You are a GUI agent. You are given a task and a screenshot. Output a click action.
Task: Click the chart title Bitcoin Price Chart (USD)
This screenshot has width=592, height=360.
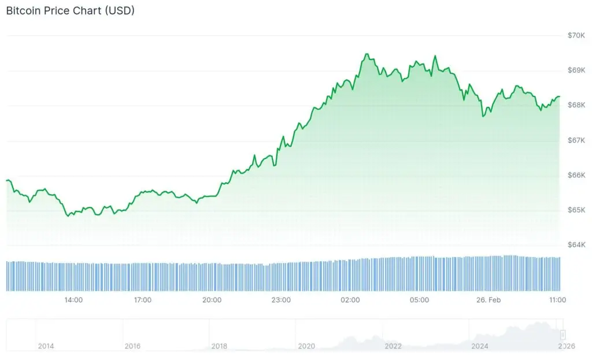coord(70,11)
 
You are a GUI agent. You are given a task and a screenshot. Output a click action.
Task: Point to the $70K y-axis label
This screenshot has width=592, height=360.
coord(576,35)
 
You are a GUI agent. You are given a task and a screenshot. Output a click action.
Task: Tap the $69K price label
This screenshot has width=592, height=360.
coord(576,70)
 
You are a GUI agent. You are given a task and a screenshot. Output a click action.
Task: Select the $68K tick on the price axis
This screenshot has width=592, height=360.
coord(576,105)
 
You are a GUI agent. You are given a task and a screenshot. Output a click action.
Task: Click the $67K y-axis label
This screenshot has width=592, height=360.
coord(576,140)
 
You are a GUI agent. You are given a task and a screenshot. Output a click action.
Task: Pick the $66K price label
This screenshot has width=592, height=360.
coord(576,175)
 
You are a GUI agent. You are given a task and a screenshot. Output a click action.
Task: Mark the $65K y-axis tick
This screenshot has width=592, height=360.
coord(576,210)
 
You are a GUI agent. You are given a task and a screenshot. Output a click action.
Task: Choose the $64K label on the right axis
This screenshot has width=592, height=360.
coord(576,245)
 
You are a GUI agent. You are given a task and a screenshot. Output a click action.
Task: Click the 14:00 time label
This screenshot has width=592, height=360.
coord(73,300)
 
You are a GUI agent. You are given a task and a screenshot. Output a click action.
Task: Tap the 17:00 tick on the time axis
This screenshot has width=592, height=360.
coord(142,300)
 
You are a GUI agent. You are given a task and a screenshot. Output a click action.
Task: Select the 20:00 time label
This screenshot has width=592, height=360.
coord(212,300)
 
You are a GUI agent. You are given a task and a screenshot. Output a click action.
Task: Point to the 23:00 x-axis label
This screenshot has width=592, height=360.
coord(281,300)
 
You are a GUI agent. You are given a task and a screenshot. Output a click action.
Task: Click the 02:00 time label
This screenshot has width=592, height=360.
coord(350,300)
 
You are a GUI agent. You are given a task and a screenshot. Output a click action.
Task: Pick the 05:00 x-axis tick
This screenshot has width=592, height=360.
coord(419,300)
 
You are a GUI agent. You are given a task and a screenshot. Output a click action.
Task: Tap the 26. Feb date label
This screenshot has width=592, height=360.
coord(489,300)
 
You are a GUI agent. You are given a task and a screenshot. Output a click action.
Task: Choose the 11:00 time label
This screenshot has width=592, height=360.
coord(557,300)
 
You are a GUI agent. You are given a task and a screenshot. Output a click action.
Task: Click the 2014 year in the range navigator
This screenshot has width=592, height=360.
coord(46,346)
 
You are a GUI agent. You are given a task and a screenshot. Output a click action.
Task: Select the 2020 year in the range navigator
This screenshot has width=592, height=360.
coord(306,346)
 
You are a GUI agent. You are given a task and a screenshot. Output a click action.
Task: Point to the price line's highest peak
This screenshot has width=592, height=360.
coord(366,54)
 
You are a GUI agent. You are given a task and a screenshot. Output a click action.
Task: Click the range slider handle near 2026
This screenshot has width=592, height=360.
coord(563,335)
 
